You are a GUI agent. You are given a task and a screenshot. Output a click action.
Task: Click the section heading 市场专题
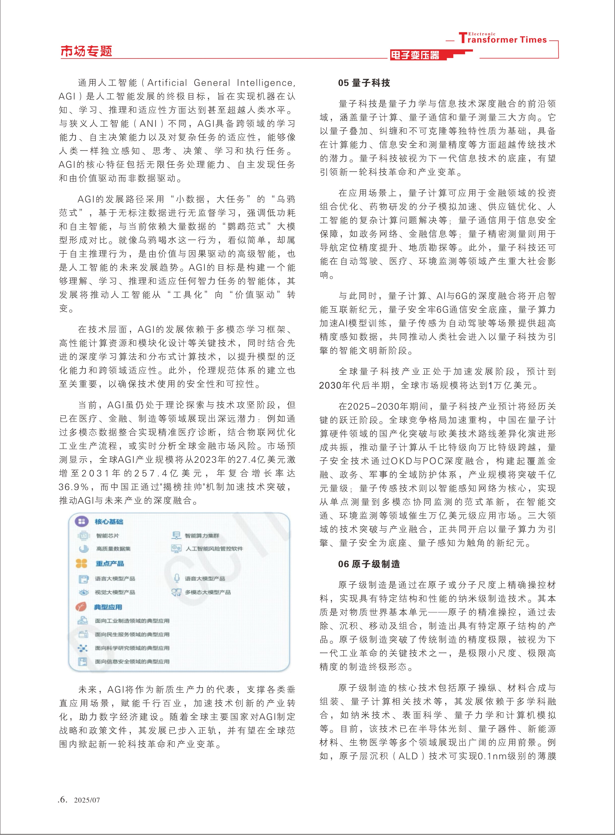click(x=86, y=51)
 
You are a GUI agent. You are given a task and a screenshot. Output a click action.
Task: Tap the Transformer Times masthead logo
click(x=502, y=38)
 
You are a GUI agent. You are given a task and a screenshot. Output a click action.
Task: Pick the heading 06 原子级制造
click(x=369, y=564)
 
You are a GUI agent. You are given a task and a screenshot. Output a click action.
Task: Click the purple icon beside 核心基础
click(x=82, y=521)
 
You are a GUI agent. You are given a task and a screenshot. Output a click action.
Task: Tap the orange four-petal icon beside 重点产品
click(x=82, y=563)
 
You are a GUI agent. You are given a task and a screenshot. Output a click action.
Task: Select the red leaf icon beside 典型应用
click(x=81, y=607)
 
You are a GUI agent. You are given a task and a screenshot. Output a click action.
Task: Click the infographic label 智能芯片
click(x=108, y=536)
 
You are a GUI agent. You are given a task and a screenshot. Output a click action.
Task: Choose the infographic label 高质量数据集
click(x=113, y=549)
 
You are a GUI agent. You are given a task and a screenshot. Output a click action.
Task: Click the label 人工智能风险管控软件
click(x=214, y=549)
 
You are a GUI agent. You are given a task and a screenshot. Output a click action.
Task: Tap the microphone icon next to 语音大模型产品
click(x=177, y=578)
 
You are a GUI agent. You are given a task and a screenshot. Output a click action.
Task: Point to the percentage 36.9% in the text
click(x=74, y=487)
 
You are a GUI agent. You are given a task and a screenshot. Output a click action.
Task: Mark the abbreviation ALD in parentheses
click(x=408, y=756)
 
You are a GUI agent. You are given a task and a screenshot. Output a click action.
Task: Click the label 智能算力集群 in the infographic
click(x=202, y=536)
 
